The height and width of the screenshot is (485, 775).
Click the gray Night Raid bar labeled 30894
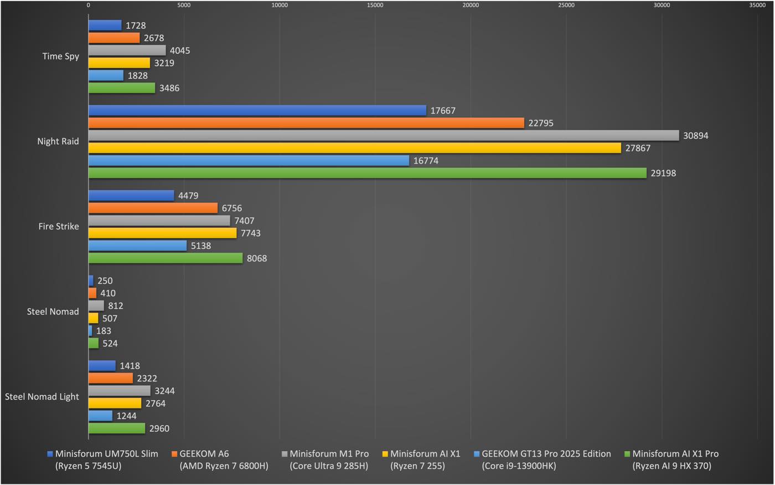pos(384,136)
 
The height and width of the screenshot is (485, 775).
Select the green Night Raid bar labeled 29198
pos(367,173)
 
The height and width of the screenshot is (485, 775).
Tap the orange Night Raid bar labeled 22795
pos(306,123)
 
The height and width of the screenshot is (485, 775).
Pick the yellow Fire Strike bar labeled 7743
pos(162,233)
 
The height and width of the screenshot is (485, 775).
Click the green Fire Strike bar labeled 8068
pos(166,258)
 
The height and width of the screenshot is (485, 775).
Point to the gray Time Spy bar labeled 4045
pos(127,50)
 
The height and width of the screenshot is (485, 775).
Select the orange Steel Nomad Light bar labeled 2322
pos(111,379)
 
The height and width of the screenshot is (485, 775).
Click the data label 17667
pos(443,111)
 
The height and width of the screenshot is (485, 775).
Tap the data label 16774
pos(426,161)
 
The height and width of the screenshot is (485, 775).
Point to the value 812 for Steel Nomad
pos(116,306)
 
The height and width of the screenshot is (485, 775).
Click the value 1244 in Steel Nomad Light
pos(126,416)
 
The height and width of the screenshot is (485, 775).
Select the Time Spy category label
pos(61,57)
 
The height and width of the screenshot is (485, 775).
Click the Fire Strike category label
pos(59,227)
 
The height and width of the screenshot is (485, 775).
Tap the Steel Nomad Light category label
pos(42,397)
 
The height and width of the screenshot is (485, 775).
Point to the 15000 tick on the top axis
pos(375,6)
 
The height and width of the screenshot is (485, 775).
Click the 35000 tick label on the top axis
pos(757,6)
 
